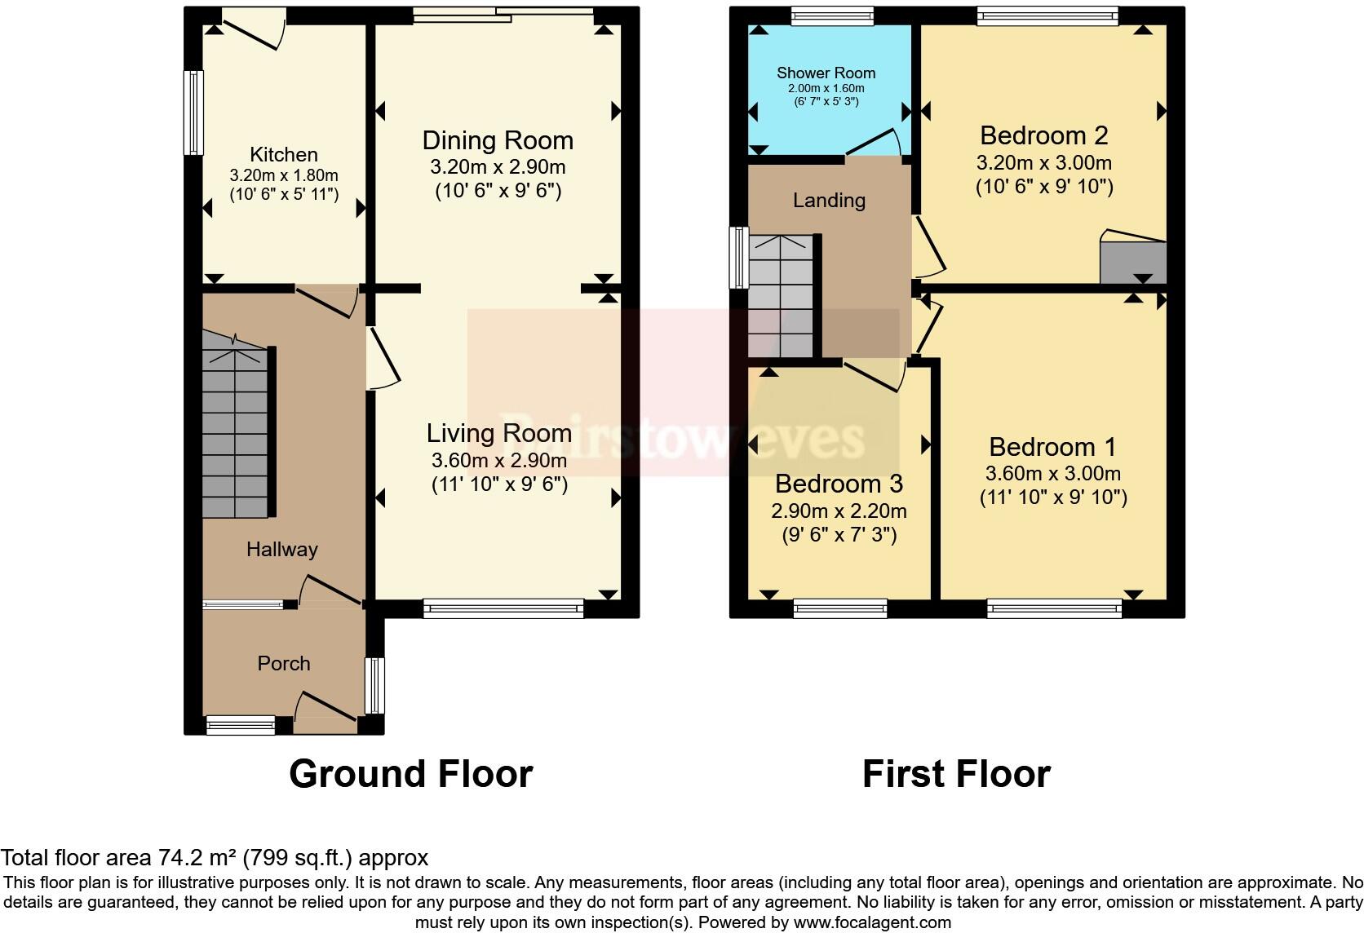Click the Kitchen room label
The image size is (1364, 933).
pos(283,155)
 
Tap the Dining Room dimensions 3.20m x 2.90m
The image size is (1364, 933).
pos(497,168)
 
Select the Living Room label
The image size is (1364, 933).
pos(498,433)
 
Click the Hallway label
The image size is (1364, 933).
pos(281,550)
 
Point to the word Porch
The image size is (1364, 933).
pos(283,664)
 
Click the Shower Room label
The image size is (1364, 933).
pos(826,73)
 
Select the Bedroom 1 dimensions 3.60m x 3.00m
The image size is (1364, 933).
pos(1052,474)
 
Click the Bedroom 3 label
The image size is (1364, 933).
pos(838,484)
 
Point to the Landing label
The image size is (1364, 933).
pos(829,201)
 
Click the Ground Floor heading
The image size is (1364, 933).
pos(410,774)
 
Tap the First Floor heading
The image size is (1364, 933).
pos(955,774)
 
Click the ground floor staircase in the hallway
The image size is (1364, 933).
pos(234,432)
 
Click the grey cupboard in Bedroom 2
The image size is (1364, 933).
pos(1132,261)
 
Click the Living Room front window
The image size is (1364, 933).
pos(503,608)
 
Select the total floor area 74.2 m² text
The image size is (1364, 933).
pos(214,858)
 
